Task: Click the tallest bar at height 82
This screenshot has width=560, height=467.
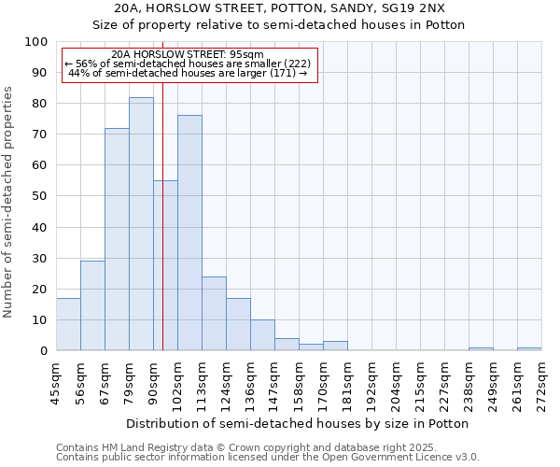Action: point(141,224)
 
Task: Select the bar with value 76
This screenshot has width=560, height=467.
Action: point(189,233)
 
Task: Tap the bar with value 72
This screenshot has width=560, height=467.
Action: point(117,239)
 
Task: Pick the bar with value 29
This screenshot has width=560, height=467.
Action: point(92,305)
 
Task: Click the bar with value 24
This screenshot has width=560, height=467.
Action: point(214,314)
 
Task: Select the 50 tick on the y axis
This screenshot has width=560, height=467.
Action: point(39,196)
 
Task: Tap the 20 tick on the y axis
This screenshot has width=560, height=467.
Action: point(39,289)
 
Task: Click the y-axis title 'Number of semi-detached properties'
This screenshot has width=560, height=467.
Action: point(8,202)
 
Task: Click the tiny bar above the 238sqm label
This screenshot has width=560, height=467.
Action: point(481,348)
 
